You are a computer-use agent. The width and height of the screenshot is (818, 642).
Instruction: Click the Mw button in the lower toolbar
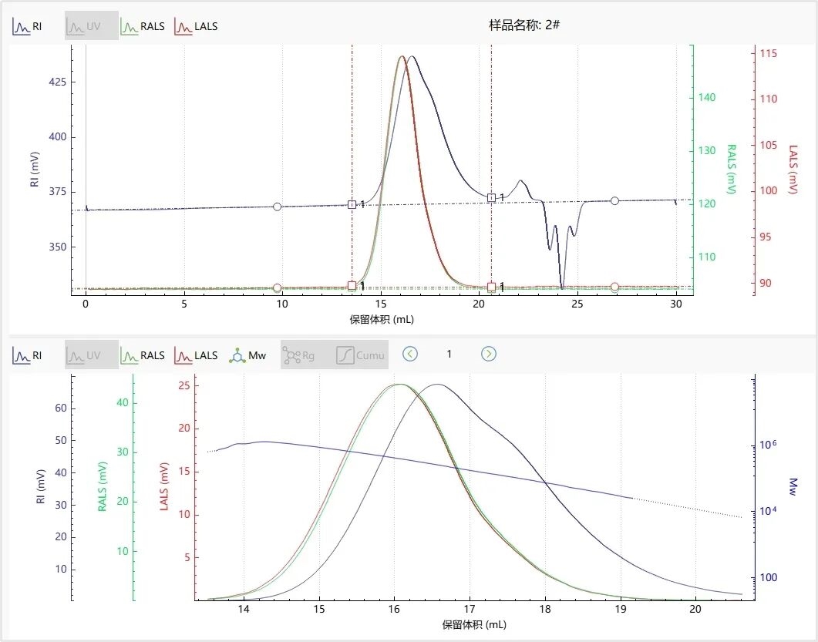click(x=247, y=355)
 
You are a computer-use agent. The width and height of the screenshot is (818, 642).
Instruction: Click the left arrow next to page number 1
click(x=410, y=354)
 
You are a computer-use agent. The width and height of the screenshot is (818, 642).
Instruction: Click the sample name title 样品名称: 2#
click(x=524, y=25)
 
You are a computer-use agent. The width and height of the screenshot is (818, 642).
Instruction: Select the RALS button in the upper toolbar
click(x=143, y=26)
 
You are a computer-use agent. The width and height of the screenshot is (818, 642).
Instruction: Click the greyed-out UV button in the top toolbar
click(x=91, y=26)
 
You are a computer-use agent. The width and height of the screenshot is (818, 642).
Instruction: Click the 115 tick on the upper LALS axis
click(x=768, y=54)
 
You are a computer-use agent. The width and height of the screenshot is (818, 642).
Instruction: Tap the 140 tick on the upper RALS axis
click(x=707, y=98)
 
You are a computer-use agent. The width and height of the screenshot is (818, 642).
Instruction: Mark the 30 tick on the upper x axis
click(x=676, y=304)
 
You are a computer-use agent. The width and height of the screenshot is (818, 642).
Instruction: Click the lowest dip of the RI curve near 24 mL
click(x=563, y=287)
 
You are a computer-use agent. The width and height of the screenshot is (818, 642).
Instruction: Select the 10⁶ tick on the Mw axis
click(x=766, y=445)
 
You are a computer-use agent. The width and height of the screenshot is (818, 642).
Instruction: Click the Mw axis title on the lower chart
click(x=793, y=486)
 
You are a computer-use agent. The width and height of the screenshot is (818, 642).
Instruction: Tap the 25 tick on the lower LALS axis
click(x=183, y=385)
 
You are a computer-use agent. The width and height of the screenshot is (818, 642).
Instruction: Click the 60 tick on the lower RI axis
click(x=60, y=408)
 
